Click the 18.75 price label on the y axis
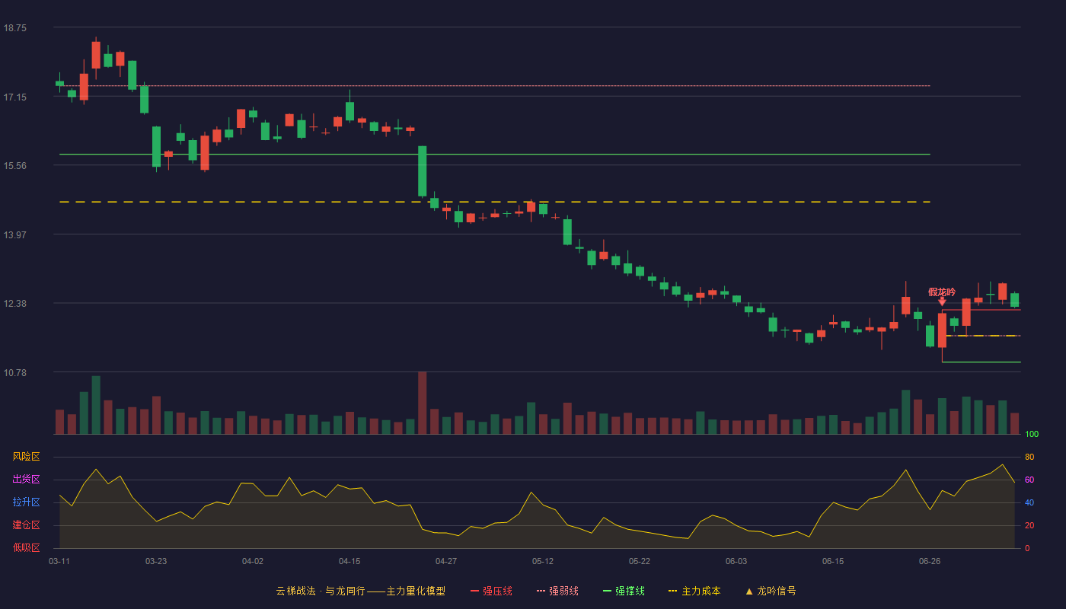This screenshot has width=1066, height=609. (x=14, y=28)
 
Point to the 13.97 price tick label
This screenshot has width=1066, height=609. (x=14, y=234)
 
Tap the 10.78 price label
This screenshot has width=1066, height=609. (x=14, y=372)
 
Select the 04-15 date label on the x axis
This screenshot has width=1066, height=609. (x=349, y=562)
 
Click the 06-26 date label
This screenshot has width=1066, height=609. (x=930, y=562)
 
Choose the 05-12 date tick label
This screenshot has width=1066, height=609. (x=542, y=562)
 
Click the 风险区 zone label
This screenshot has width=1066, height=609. (x=26, y=457)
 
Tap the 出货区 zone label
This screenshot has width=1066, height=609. (x=26, y=479)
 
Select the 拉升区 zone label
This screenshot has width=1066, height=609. (x=26, y=502)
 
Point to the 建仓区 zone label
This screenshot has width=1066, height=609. (x=26, y=525)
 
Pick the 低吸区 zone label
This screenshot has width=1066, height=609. (x=26, y=547)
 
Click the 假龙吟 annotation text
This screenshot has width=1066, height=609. (x=942, y=292)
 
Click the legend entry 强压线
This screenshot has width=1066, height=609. (x=491, y=591)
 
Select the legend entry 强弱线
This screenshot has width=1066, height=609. (x=557, y=591)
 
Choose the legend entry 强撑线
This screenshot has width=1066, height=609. (x=624, y=591)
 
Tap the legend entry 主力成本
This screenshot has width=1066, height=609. (x=694, y=591)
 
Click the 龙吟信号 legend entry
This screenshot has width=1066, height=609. (x=771, y=591)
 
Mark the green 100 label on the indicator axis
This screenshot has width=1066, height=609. (x=1032, y=434)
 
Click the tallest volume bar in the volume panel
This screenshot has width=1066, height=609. (x=422, y=403)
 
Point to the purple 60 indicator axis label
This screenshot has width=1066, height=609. (x=1029, y=480)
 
